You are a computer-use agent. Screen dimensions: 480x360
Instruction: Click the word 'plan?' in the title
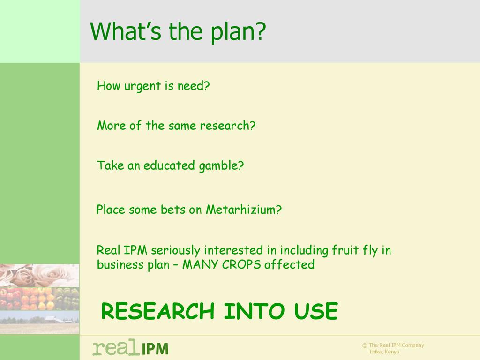(238, 32)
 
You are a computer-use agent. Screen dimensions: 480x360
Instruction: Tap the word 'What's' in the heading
(126, 31)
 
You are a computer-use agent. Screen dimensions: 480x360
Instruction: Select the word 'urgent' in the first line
(142, 87)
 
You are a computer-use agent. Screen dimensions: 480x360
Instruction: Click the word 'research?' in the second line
(228, 126)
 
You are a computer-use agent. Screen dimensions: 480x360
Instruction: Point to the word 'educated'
(169, 165)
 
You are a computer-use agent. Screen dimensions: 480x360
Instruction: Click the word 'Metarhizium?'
(244, 210)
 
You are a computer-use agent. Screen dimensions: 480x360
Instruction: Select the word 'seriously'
(176, 251)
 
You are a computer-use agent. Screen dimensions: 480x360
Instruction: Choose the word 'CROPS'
(241, 264)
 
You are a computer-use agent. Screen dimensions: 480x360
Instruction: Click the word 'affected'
(289, 264)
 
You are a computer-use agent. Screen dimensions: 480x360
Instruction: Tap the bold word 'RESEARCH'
(157, 311)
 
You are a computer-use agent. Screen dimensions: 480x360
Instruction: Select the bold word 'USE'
(316, 311)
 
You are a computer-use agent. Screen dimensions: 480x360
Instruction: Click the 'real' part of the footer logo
(115, 347)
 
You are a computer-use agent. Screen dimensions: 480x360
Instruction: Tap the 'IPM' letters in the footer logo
(155, 349)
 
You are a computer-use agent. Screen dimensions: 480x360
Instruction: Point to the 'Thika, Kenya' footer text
(384, 352)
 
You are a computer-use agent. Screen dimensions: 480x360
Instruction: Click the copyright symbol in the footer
(365, 345)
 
